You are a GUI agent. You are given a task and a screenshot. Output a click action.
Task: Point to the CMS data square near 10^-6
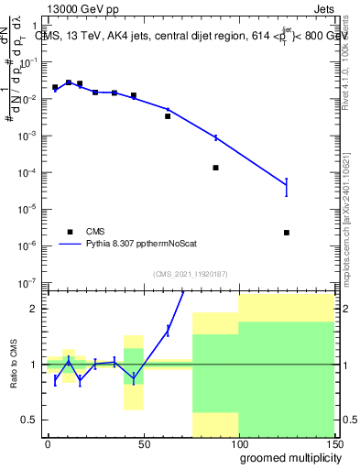click(287, 233)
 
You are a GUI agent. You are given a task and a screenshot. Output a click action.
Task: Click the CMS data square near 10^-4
click(215, 168)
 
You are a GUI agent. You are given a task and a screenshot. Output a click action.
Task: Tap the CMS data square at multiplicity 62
click(168, 116)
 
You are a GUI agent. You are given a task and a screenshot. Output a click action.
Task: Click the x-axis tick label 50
click(143, 443)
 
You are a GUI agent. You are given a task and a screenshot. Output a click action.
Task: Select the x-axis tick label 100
click(238, 443)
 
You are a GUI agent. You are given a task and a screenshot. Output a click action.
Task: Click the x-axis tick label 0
click(48, 443)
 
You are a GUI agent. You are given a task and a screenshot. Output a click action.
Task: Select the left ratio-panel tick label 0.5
click(29, 420)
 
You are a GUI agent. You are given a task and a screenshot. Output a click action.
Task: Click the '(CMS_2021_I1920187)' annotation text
click(189, 273)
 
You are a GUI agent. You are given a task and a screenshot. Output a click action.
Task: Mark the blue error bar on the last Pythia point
click(287, 187)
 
